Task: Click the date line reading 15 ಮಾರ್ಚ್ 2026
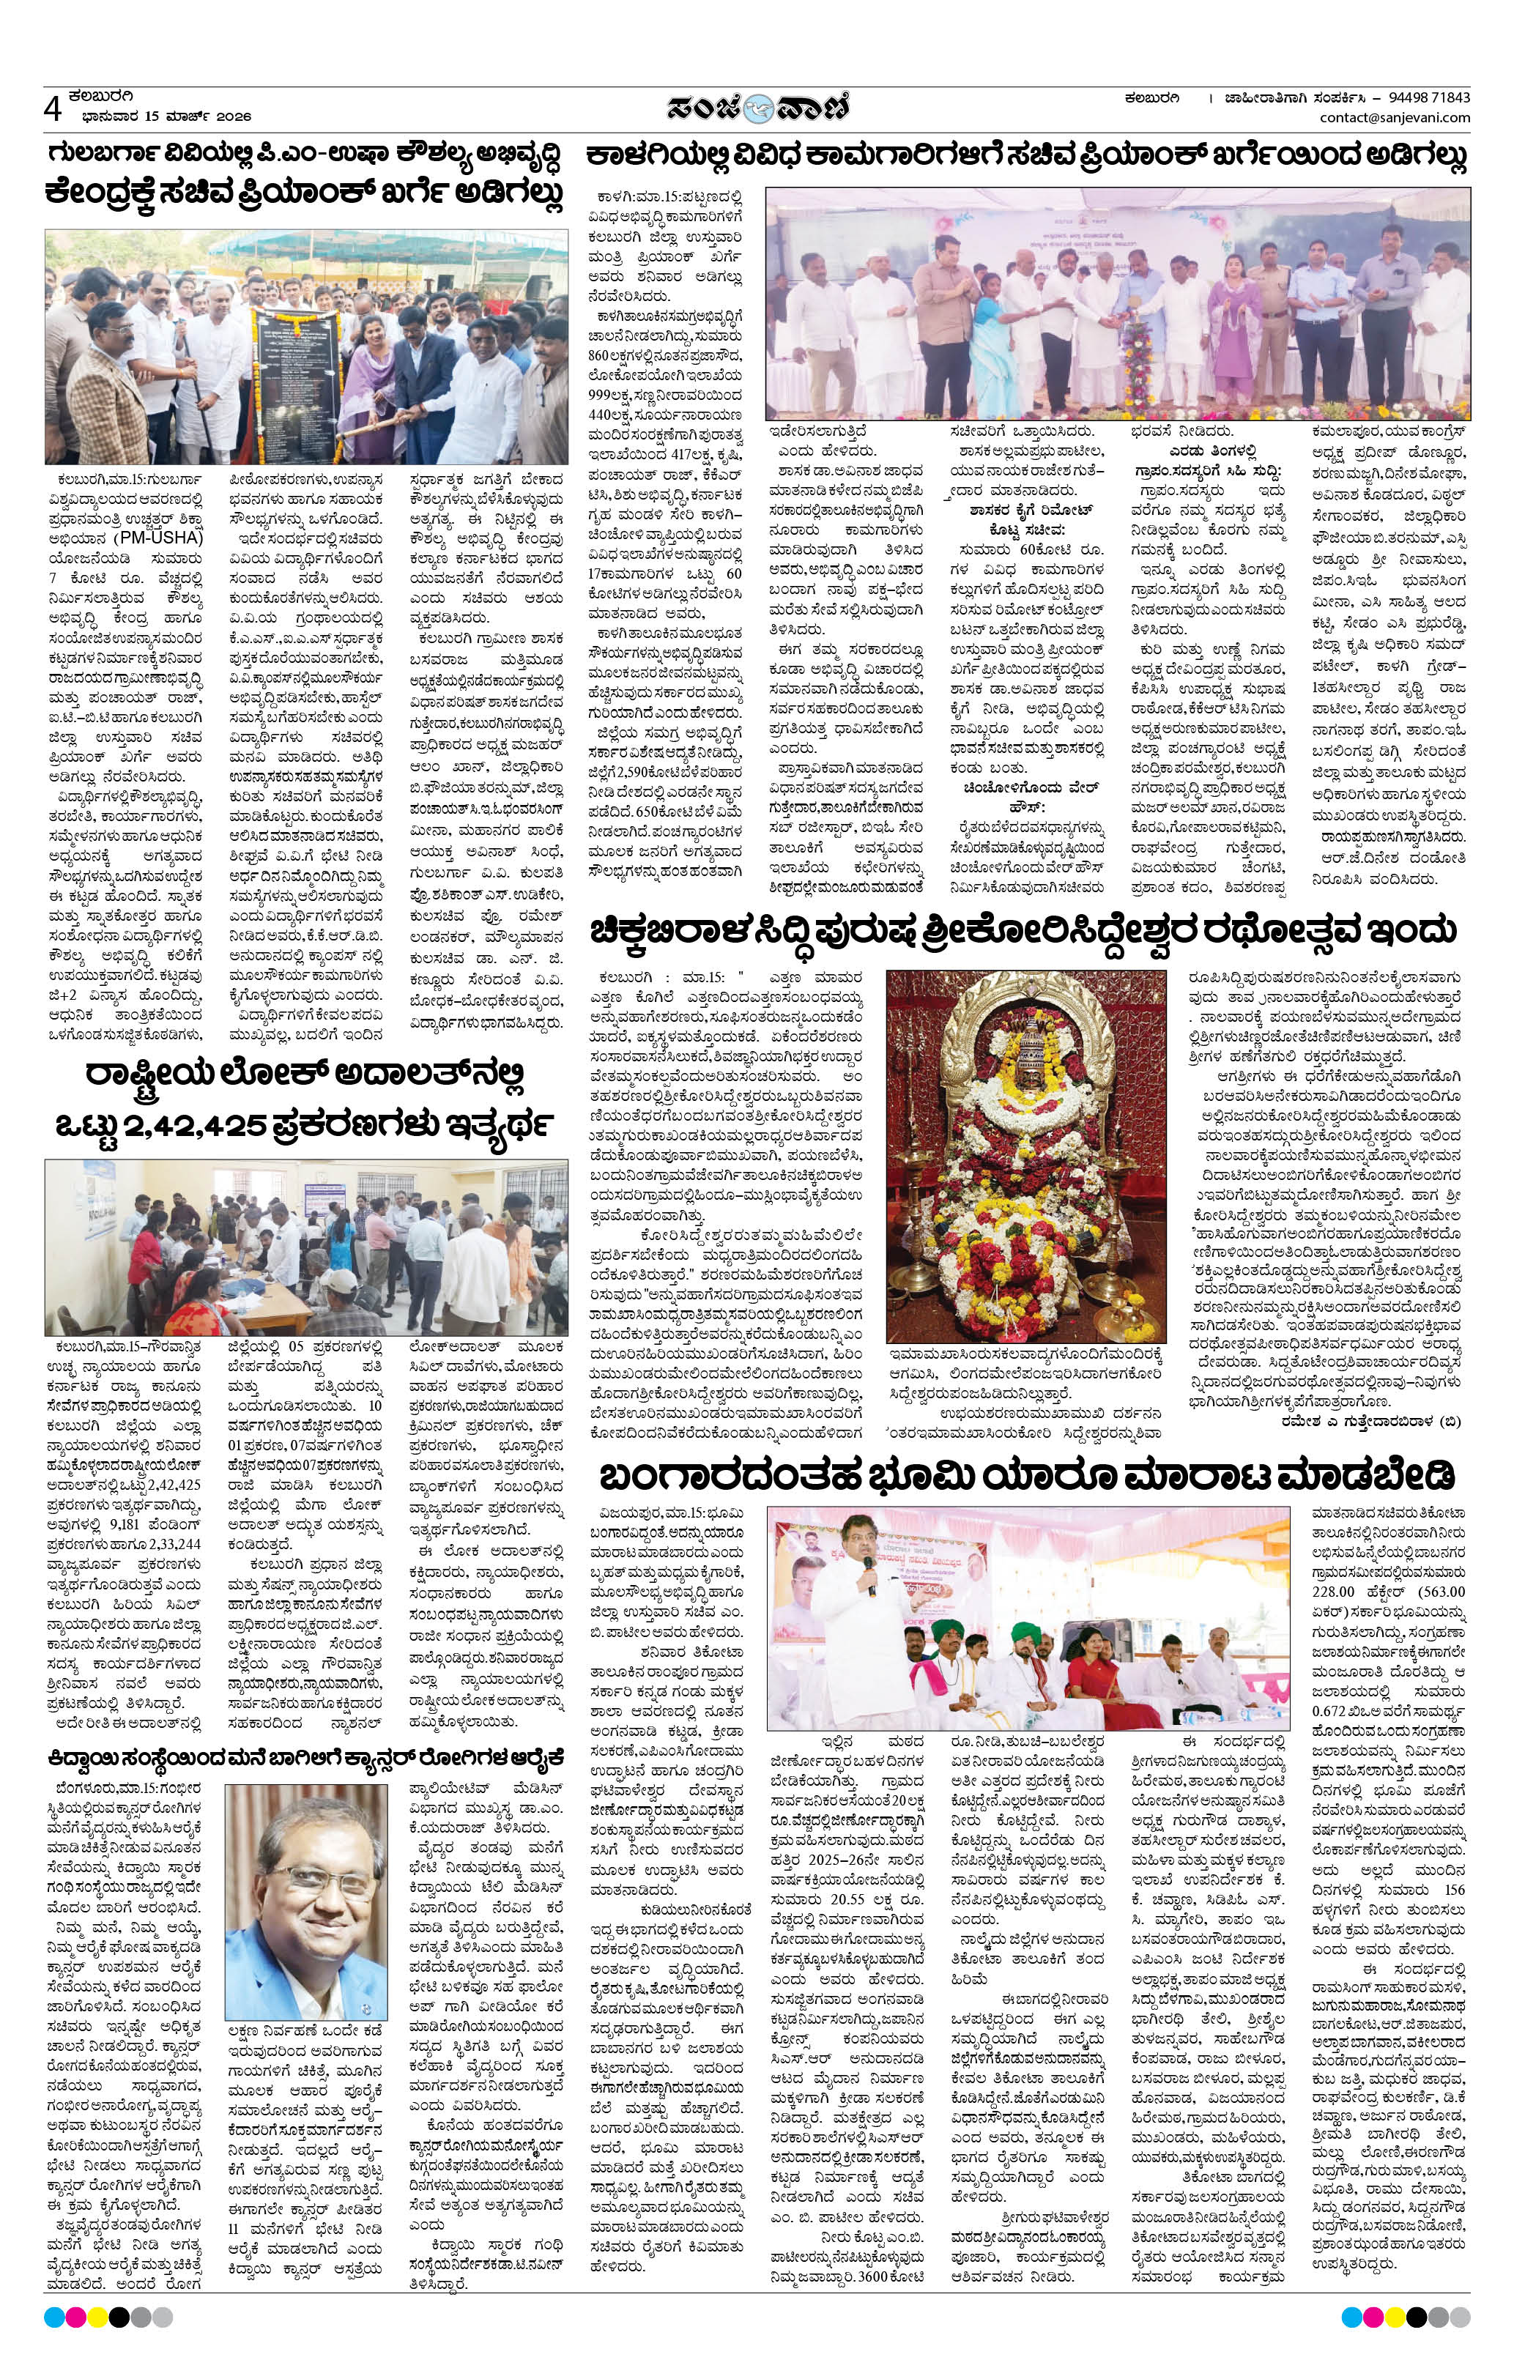166,116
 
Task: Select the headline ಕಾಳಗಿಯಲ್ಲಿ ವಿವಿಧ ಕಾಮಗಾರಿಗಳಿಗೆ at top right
1025,156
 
